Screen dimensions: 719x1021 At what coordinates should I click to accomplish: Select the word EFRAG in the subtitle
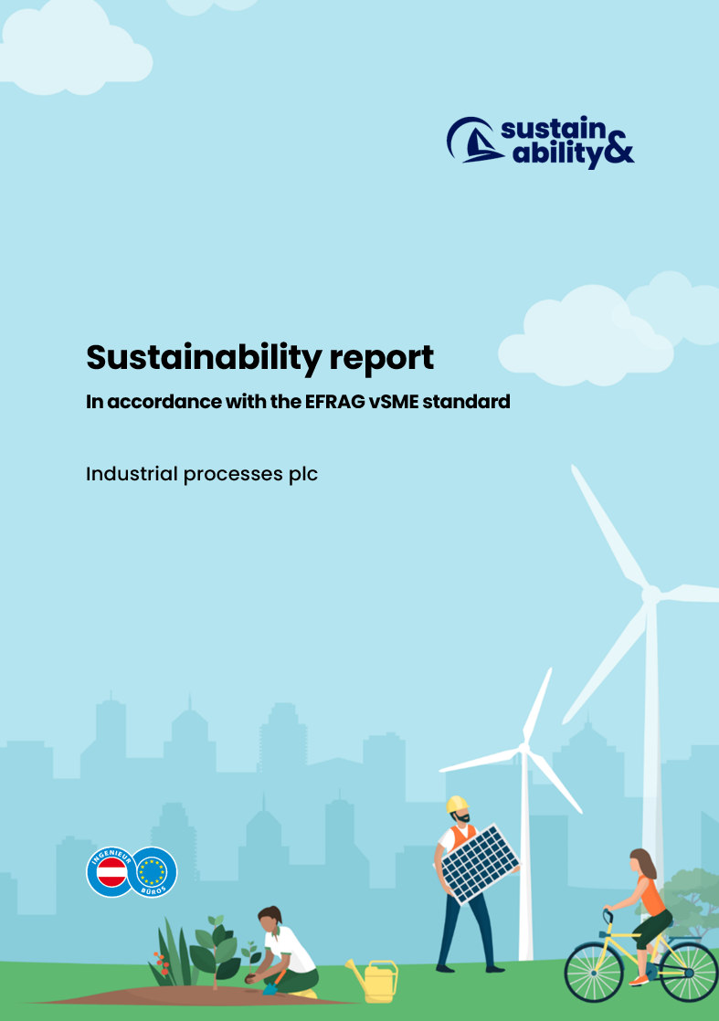(x=334, y=402)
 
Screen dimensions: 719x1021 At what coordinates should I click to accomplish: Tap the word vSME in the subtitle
(x=394, y=402)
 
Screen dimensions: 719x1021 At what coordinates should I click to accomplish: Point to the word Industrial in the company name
(x=132, y=473)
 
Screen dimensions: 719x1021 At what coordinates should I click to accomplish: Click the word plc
(x=303, y=474)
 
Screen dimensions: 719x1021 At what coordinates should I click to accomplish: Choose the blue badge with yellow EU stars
(x=153, y=872)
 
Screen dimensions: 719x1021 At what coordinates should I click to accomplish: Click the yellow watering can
(x=375, y=981)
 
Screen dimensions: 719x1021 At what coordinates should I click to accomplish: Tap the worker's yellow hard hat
(x=457, y=805)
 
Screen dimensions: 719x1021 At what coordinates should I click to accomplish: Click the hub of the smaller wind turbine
(x=523, y=748)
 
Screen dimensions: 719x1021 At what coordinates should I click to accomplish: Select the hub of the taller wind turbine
(x=650, y=595)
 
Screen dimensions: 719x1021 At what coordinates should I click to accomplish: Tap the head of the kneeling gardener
(x=270, y=918)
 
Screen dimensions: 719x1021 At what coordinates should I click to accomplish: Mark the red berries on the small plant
(x=161, y=962)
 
